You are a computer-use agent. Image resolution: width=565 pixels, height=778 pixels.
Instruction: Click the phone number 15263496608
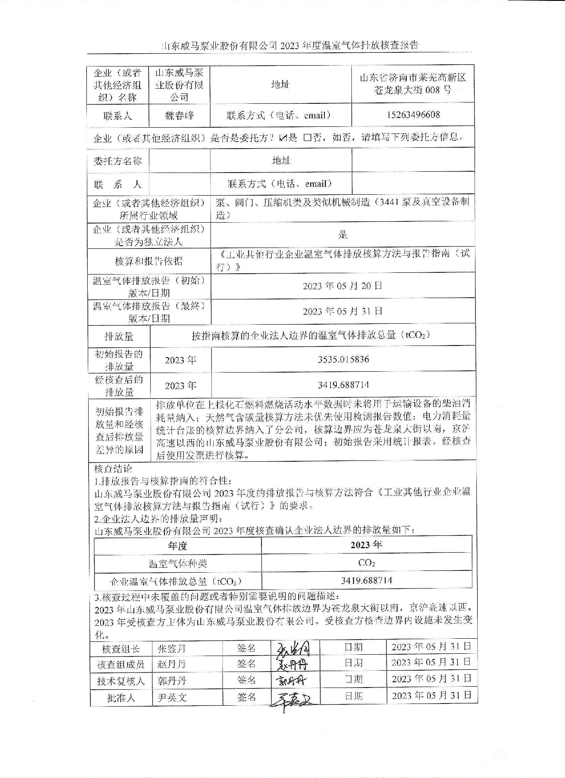[x=413, y=115]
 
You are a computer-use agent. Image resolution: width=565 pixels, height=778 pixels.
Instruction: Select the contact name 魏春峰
[x=179, y=116]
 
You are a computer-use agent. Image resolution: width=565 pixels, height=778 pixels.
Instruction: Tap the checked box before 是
[x=283, y=138]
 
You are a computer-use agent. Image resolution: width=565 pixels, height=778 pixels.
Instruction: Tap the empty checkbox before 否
[x=307, y=138]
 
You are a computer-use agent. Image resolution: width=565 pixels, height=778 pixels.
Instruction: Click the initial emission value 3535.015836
[x=343, y=359]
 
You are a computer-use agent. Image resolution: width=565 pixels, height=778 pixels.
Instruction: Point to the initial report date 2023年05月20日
[x=342, y=286]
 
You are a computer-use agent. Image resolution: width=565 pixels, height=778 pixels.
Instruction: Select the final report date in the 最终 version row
[x=342, y=311]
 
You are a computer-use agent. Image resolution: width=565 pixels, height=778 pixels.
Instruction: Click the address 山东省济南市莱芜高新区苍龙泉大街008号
[x=413, y=84]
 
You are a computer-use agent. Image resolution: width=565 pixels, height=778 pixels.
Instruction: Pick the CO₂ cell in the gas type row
[x=366, y=563]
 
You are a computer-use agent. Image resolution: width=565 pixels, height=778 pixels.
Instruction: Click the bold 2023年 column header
[x=366, y=545]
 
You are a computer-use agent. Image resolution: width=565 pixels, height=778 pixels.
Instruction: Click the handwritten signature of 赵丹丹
[x=292, y=665]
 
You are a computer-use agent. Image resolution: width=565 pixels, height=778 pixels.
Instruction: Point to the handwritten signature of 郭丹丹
[x=291, y=680]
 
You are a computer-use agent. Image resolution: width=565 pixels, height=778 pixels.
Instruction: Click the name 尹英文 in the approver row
[x=172, y=698]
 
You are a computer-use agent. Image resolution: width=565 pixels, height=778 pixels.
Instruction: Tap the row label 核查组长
[x=121, y=649]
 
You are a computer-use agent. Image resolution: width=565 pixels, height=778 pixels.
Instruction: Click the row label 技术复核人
[x=121, y=681]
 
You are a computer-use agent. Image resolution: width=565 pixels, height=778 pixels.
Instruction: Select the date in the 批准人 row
[x=431, y=695]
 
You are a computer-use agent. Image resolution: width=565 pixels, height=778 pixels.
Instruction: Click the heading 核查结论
[x=113, y=469]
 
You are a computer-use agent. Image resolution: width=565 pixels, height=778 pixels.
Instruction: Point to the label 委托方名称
[x=117, y=161]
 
